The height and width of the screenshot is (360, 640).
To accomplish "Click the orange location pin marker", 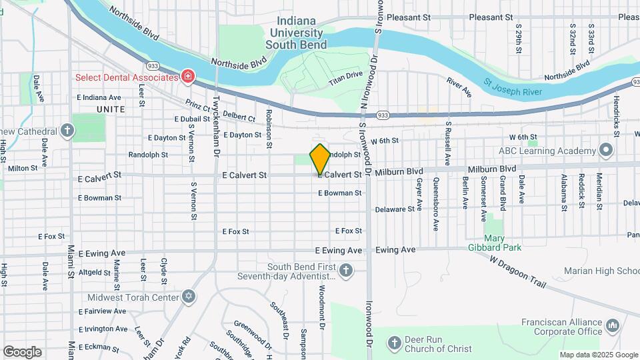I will pyautogui.click(x=320, y=159).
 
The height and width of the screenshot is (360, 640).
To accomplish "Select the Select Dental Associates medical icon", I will pyautogui.click(x=188, y=76).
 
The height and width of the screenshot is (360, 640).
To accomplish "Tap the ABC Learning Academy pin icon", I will pyautogui.click(x=605, y=150).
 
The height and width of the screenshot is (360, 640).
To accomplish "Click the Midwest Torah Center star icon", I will pyautogui.click(x=189, y=297).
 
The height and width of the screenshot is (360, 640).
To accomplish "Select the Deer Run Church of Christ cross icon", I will pyautogui.click(x=395, y=343).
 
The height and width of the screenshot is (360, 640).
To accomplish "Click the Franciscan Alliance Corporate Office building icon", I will pyautogui.click(x=613, y=326).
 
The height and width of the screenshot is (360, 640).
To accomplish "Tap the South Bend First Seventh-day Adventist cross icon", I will pyautogui.click(x=345, y=271).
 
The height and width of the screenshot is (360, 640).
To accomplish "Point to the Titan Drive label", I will pyautogui.click(x=345, y=79).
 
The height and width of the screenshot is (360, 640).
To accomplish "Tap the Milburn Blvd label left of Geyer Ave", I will pyautogui.click(x=399, y=171).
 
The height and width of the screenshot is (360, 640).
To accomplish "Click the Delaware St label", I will pyautogui.click(x=395, y=209).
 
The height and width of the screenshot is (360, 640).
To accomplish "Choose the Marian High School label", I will pyautogui.click(x=601, y=271).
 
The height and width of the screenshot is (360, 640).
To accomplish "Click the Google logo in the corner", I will pyautogui.click(x=22, y=351).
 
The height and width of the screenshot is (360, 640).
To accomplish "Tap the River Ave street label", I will pyautogui.click(x=459, y=87).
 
